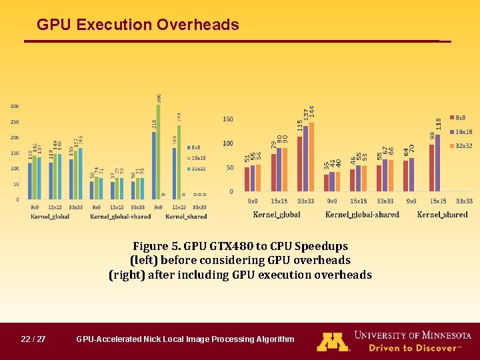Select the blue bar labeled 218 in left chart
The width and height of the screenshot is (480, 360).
coord(154,165)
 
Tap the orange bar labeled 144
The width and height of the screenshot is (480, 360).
coord(311,157)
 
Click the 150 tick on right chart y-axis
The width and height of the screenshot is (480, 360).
coord(228,119)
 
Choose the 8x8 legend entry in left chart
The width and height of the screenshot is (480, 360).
coord(197,147)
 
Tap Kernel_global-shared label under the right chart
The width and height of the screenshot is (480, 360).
coord(362,215)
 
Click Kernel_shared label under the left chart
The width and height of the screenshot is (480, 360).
coord(186,217)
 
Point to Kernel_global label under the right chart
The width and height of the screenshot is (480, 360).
coord(277,215)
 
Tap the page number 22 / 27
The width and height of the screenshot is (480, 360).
coord(33,339)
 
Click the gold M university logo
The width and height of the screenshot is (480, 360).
coord(333,341)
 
